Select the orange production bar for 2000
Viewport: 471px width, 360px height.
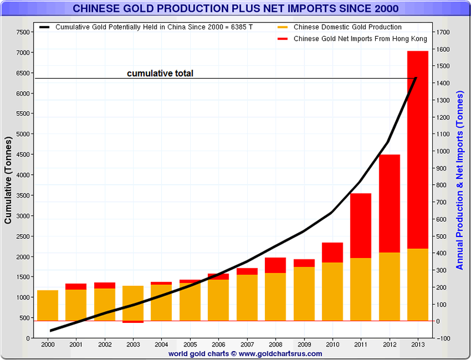(48, 305)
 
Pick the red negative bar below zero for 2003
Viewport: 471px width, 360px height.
(133, 322)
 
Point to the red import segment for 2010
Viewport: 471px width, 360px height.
(332, 252)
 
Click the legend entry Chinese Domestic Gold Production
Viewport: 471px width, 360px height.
(347, 27)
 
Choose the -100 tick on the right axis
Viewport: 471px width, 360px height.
(444, 338)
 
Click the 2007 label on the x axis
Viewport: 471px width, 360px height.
(247, 344)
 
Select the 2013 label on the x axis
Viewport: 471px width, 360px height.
(417, 344)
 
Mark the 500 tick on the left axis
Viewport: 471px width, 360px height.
(25, 318)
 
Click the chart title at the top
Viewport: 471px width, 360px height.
(235, 8)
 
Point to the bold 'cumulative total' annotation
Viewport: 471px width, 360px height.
(160, 74)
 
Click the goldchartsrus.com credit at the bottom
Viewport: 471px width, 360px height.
(245, 354)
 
